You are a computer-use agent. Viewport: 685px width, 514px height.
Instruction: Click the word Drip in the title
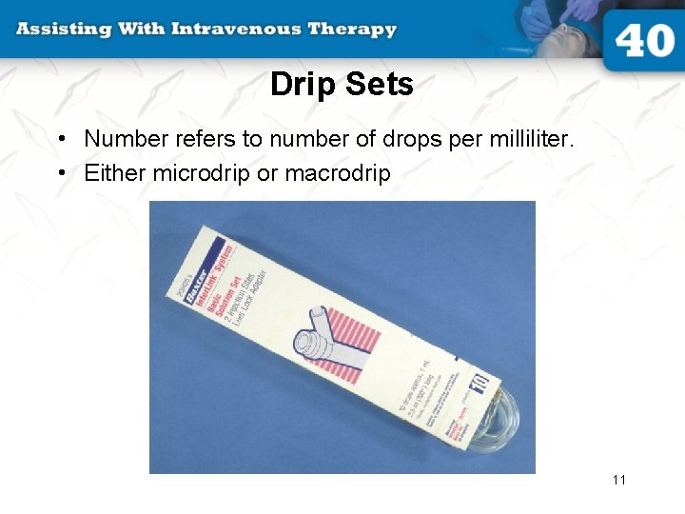point(302,85)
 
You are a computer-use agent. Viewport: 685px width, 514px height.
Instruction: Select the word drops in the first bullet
point(393,139)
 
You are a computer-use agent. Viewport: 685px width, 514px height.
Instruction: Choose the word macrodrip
point(338,174)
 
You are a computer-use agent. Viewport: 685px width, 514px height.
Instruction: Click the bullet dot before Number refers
point(60,140)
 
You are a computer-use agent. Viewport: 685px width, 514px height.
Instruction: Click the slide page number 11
point(619,480)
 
